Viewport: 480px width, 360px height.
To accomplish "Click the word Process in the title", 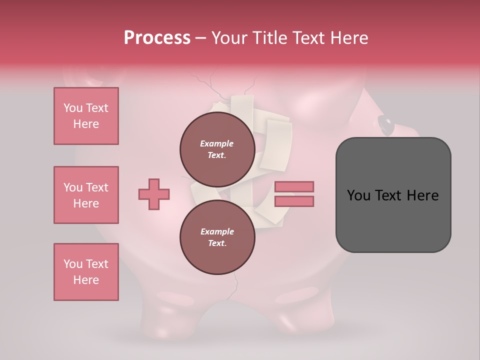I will point(157,38).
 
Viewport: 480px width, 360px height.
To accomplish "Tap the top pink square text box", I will point(86,116).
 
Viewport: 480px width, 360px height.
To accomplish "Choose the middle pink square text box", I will point(86,195).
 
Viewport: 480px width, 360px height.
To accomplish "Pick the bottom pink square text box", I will point(86,272).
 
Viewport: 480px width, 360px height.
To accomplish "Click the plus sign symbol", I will point(154,194).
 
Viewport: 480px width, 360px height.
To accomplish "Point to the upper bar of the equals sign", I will point(294,186).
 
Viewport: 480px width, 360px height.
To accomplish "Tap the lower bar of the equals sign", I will point(294,201).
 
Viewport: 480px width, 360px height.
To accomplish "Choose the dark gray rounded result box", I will point(393,194).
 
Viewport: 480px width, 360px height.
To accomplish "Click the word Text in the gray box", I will point(392,195).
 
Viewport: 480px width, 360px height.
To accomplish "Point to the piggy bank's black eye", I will point(385,122).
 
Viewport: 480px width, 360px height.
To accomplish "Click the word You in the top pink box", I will point(72,108).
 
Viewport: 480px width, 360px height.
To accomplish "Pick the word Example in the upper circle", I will point(216,143).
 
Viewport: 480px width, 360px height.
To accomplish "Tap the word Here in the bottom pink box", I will point(86,280).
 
